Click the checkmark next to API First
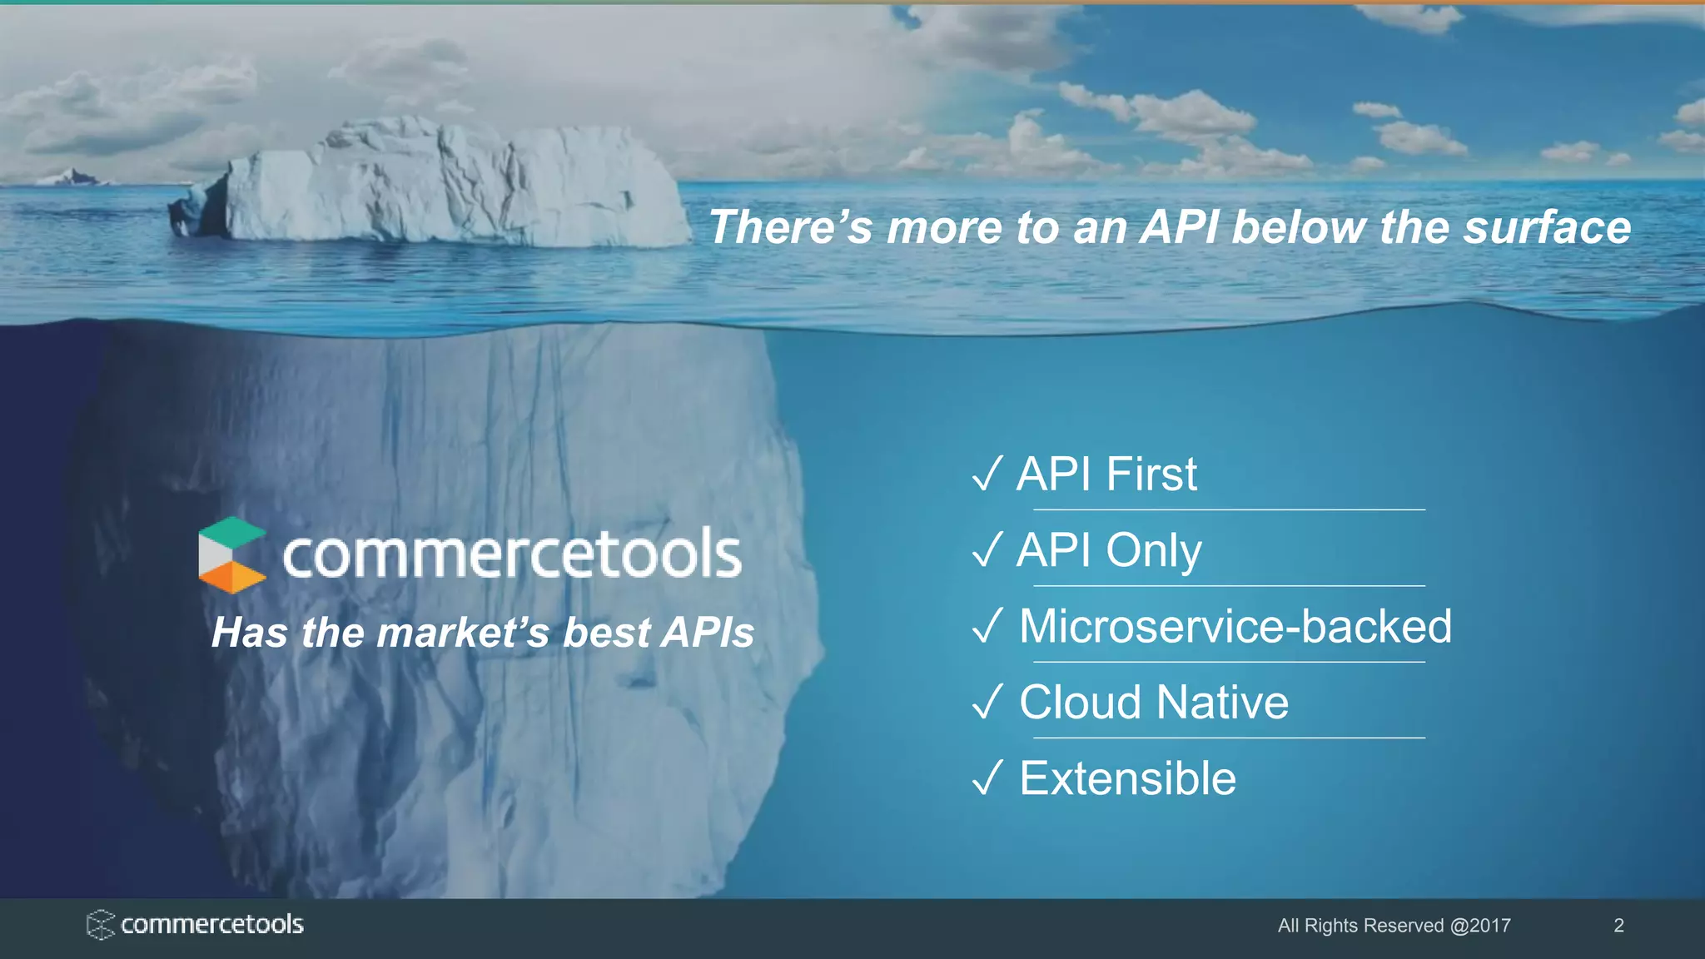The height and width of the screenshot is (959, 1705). tap(987, 475)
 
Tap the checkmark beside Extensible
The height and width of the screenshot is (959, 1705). tap(987, 779)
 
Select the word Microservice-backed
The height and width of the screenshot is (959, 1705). tap(1235, 626)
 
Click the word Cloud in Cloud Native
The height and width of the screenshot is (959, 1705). tap(1080, 703)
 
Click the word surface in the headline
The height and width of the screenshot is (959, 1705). tap(1547, 227)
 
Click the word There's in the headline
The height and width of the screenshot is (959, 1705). tap(789, 227)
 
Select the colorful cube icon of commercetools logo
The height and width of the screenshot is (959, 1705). tap(231, 554)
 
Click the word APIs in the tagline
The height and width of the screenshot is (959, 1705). tap(708, 633)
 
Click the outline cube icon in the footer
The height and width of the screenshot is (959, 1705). tap(100, 925)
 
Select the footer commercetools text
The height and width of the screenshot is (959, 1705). tap(211, 925)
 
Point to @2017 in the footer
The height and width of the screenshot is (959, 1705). tap(1479, 926)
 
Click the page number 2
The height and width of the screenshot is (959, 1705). tap(1618, 926)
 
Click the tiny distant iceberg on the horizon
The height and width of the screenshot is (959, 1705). tap(70, 176)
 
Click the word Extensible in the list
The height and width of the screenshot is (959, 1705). tap(1127, 779)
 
